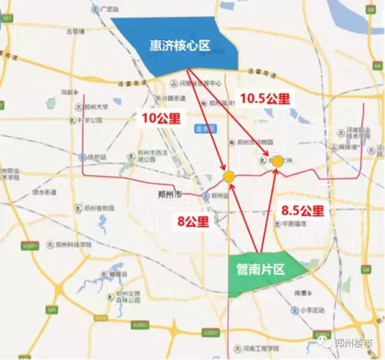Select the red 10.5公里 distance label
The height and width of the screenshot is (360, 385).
tap(265, 98)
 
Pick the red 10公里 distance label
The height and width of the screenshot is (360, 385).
tap(161, 118)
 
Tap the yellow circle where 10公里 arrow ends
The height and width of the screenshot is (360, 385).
tap(229, 176)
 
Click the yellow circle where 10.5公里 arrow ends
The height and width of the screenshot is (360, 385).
tap(277, 161)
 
